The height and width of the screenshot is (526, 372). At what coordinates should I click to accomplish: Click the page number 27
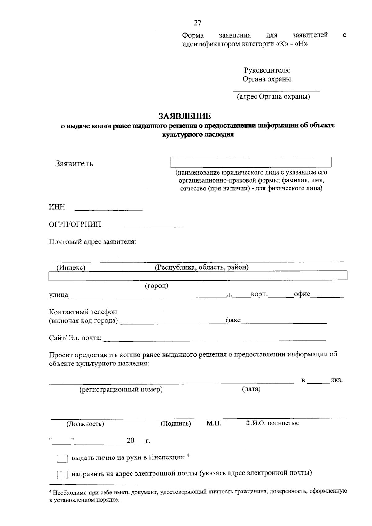point(197,23)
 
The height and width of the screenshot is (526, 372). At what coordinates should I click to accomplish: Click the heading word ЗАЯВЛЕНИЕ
point(185,116)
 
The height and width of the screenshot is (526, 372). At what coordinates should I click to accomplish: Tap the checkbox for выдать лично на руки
point(62,458)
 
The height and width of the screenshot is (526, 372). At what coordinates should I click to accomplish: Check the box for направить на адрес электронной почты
point(62,475)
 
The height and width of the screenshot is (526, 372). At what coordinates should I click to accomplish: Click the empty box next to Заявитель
point(251,162)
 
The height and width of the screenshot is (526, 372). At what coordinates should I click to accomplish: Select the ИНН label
point(57,207)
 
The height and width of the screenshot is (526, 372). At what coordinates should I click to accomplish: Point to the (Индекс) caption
point(71,267)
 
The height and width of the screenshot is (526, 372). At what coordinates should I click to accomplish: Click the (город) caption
point(157,285)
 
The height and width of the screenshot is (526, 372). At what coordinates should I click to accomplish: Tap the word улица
point(58,294)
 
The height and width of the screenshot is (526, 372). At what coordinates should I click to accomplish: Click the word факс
point(233,320)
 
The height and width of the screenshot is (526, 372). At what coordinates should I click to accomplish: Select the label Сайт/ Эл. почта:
point(75,338)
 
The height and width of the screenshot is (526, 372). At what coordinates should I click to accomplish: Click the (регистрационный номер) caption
point(121,389)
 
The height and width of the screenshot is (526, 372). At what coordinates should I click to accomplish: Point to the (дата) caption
point(251,389)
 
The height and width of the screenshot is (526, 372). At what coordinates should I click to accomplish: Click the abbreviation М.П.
point(214,423)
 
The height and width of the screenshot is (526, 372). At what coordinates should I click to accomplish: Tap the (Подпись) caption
point(175,423)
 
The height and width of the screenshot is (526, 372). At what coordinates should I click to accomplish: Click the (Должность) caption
point(85,424)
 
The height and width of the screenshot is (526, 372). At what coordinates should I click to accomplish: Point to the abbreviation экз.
point(337,380)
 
